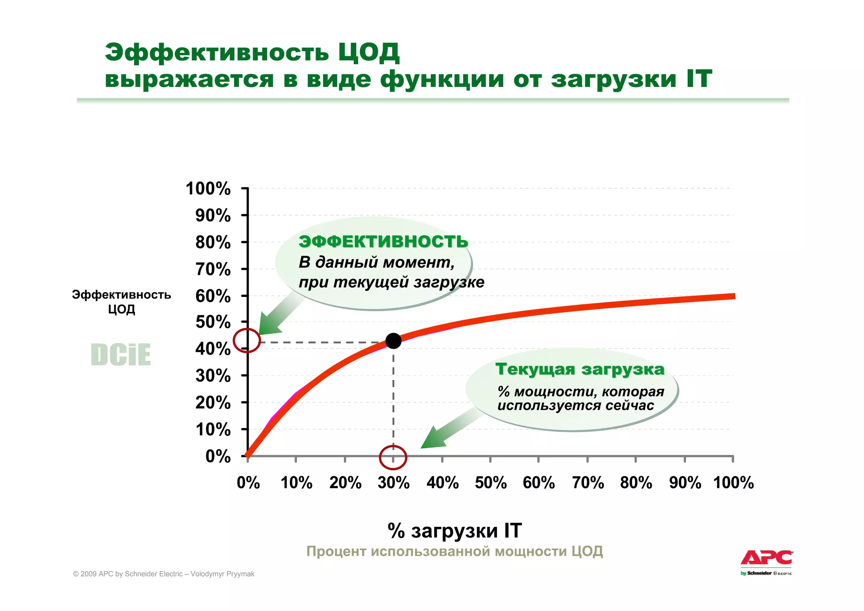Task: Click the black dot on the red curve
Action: tap(393, 341)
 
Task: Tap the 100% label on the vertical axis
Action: tap(208, 189)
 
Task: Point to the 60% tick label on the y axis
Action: tap(213, 296)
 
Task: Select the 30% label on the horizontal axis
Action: tap(394, 482)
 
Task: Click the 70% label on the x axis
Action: tap(588, 482)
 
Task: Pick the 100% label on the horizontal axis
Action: tap(733, 482)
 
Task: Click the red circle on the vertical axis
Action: tap(247, 340)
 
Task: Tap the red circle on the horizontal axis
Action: tap(393, 457)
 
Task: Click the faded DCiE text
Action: tap(121, 355)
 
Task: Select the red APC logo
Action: tap(767, 558)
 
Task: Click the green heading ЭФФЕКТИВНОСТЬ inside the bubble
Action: tap(383, 242)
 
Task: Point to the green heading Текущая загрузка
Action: tap(580, 369)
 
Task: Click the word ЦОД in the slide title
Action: tap(368, 52)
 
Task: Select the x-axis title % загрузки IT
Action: tap(454, 530)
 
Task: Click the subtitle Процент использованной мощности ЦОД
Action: tap(454, 551)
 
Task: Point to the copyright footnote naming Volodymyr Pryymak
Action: tap(164, 574)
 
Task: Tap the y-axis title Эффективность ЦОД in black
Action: tap(121, 301)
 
